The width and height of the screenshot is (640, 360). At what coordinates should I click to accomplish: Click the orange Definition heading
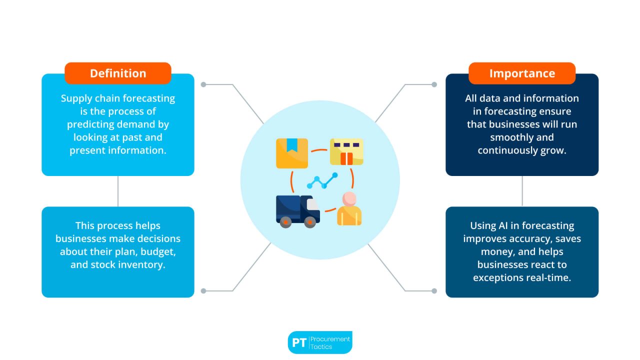click(118, 73)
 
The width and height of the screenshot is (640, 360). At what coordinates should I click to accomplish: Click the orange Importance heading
click(522, 73)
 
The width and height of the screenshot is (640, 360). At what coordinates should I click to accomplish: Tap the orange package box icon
click(292, 153)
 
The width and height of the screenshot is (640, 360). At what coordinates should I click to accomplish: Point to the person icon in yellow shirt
click(349, 209)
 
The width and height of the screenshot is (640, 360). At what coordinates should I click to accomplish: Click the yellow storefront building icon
click(346, 152)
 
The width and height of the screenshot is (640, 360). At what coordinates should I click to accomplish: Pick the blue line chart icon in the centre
click(322, 181)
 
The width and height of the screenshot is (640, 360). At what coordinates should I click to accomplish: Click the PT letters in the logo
click(299, 343)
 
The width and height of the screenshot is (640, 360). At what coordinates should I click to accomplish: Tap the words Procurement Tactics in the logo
click(330, 342)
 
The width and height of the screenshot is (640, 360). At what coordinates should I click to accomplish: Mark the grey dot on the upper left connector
click(203, 84)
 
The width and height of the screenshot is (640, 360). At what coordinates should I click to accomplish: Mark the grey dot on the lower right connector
click(434, 290)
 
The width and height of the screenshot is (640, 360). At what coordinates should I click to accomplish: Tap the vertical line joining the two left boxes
click(118, 191)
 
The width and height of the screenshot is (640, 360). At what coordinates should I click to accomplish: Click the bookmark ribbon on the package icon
click(292, 145)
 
